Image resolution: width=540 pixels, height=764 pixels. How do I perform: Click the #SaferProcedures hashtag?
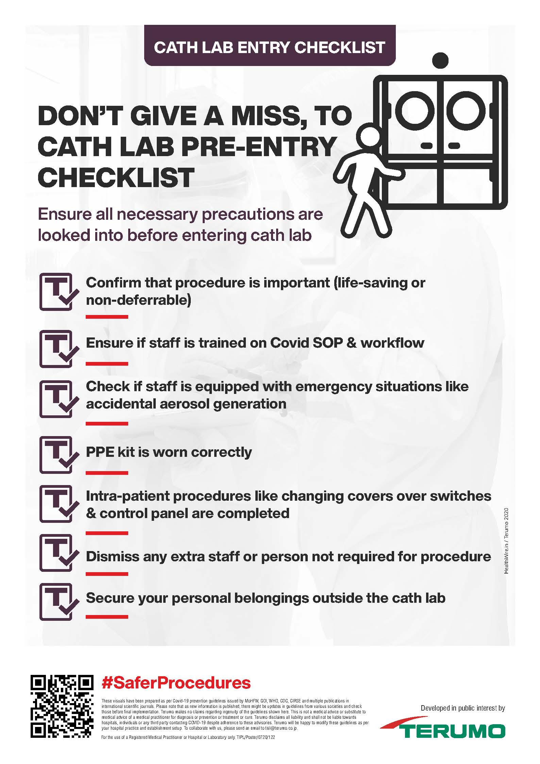176,682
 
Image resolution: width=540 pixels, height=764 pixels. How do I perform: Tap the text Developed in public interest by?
462,708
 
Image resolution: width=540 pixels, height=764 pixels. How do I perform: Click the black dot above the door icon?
440,60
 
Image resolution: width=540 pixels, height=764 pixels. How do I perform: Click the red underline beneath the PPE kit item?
107,473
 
